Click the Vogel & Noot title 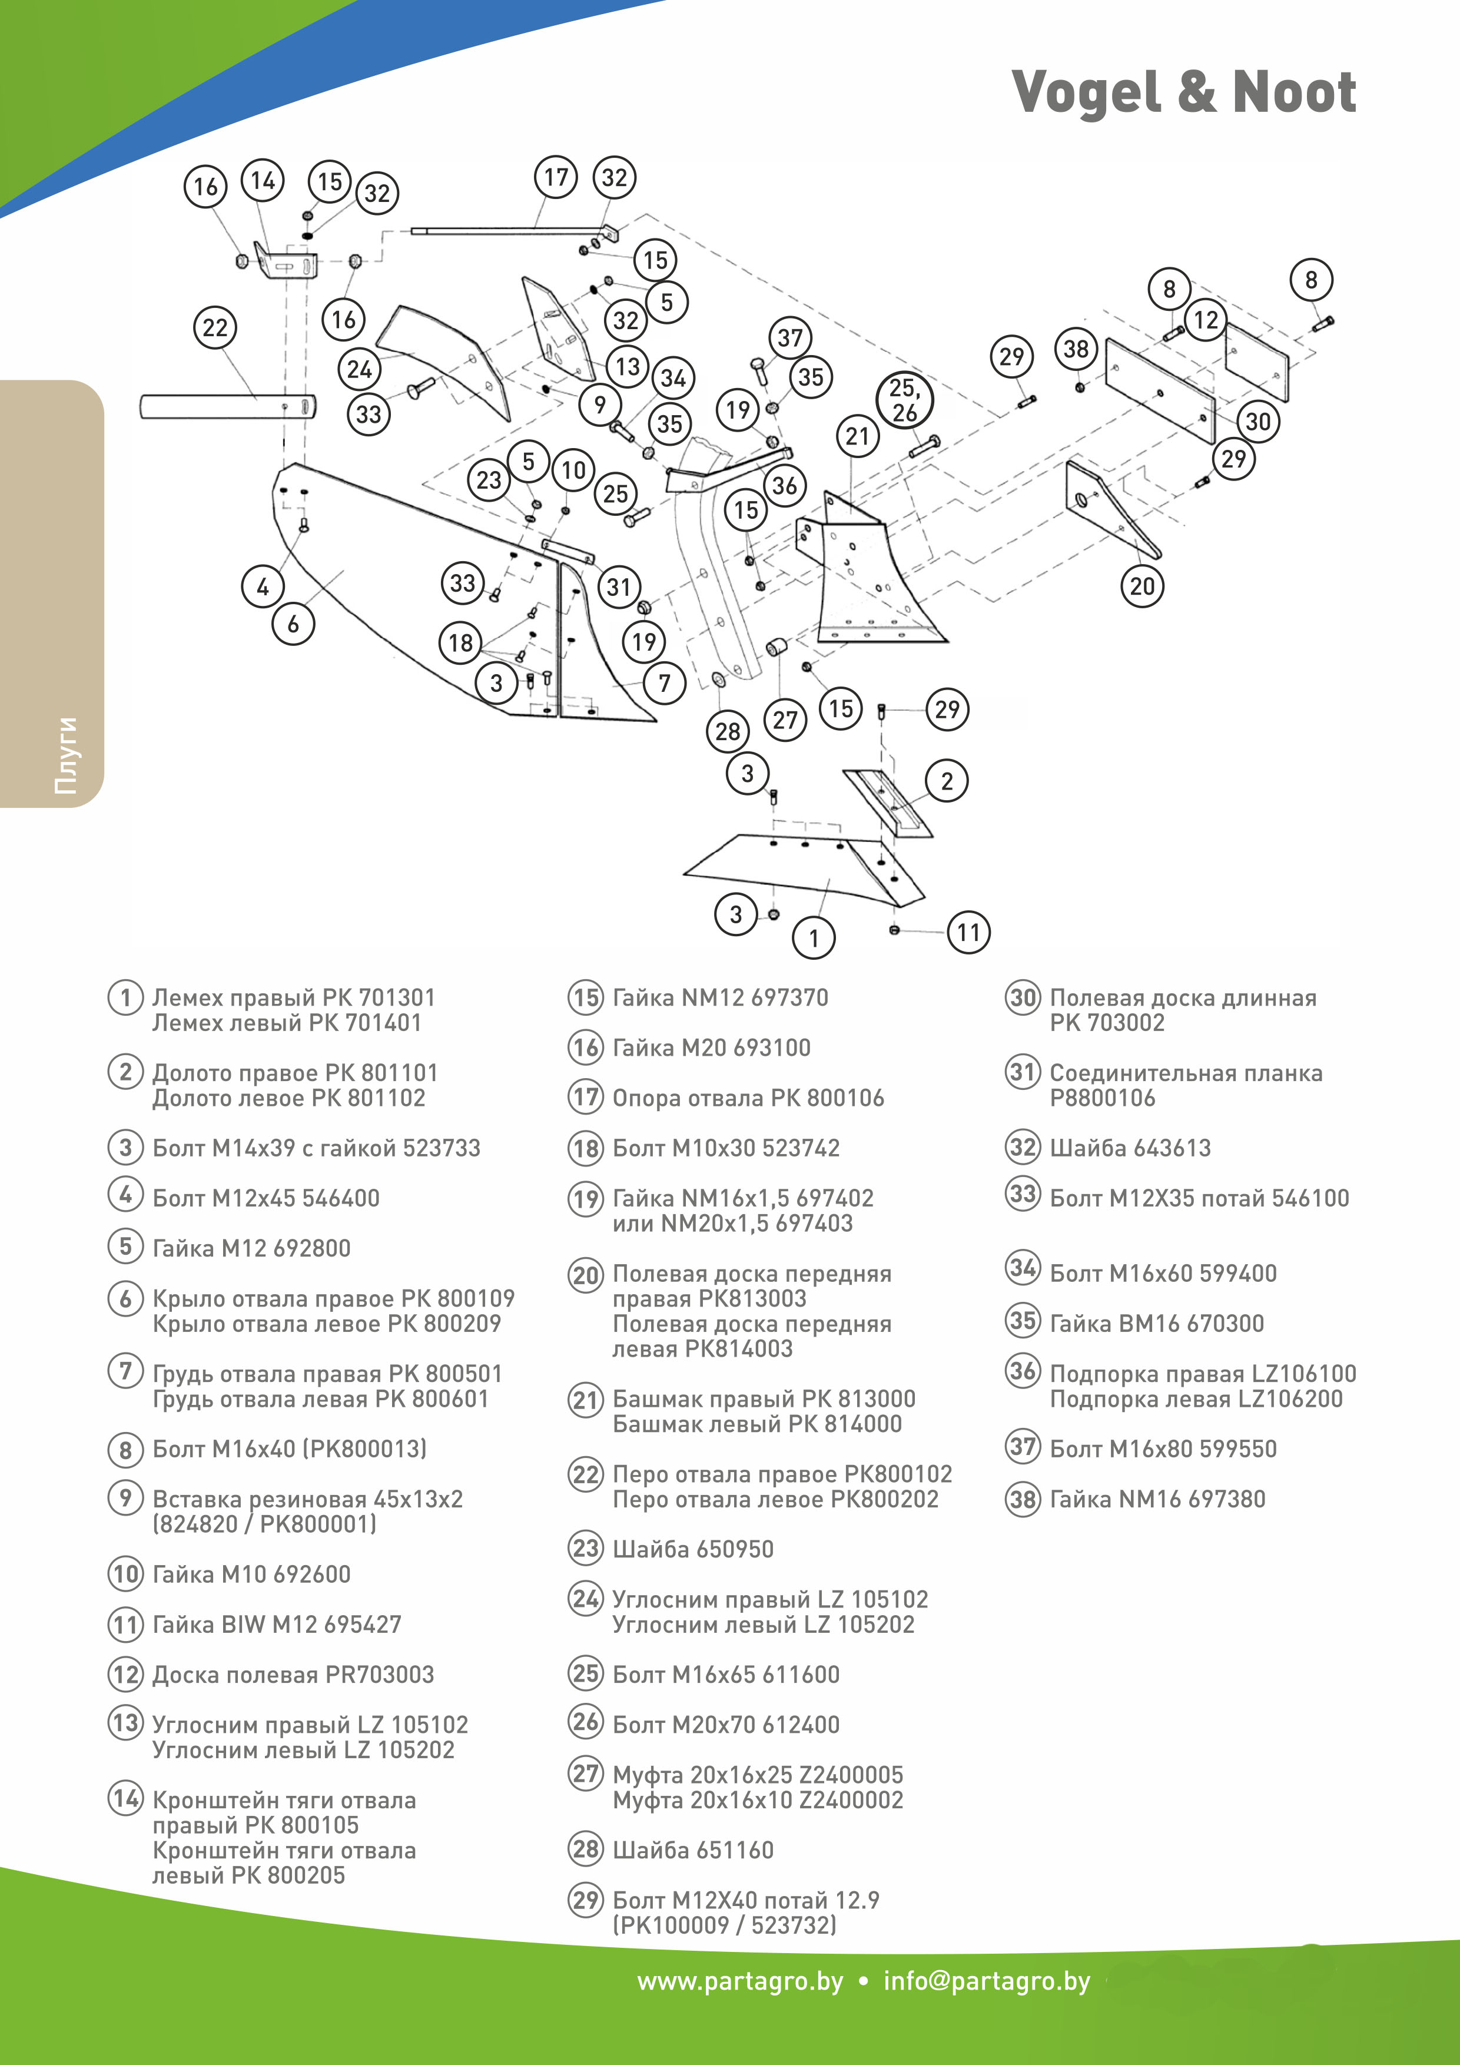click(x=1183, y=92)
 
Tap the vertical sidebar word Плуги click(x=65, y=755)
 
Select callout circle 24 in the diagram click(x=360, y=369)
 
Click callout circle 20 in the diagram click(x=1142, y=586)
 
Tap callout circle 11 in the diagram click(x=968, y=932)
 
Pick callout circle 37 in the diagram click(x=790, y=338)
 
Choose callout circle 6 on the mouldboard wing click(x=293, y=624)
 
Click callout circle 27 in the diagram click(x=785, y=720)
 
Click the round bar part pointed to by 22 click(x=225, y=406)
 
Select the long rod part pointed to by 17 click(x=503, y=231)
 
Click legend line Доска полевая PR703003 click(x=293, y=1674)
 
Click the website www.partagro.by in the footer click(x=740, y=1981)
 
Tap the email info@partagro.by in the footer click(x=986, y=1981)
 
